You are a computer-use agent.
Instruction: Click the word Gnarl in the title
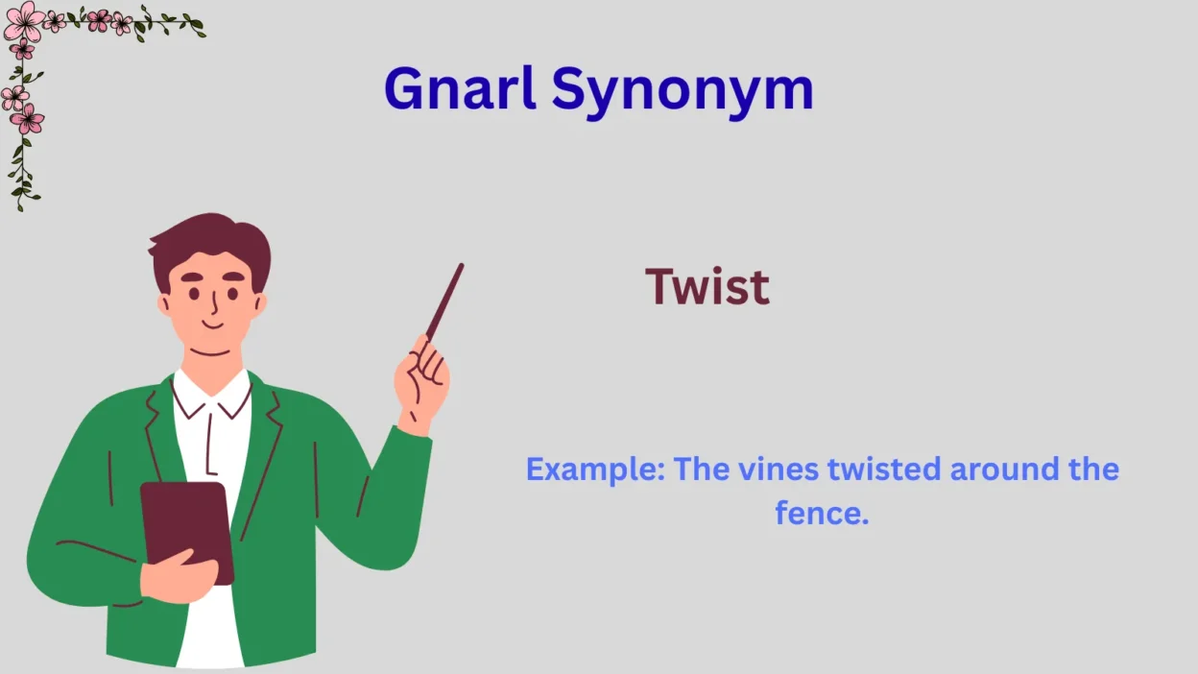[x=460, y=88]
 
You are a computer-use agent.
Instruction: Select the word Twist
[x=707, y=286]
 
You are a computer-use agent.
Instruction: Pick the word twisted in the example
[x=884, y=469]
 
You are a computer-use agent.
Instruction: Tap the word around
[x=1004, y=469]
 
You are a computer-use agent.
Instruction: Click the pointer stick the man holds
[x=445, y=301]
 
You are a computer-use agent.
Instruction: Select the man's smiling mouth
[x=212, y=325]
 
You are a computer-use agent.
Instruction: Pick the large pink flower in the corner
[x=24, y=21]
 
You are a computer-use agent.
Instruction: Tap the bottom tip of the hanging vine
[x=20, y=209]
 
